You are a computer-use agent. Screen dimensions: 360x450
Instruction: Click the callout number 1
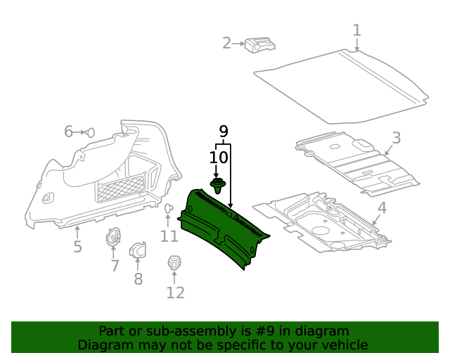(x=357, y=30)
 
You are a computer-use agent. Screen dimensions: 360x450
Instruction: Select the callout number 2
(x=226, y=44)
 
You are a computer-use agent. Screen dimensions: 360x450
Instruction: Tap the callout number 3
(x=397, y=138)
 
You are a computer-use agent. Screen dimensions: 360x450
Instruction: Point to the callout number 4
(x=382, y=208)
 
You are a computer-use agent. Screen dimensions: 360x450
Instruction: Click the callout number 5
(x=77, y=247)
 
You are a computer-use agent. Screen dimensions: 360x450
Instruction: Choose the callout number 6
(x=69, y=131)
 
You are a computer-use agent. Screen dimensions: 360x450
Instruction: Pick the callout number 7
(x=115, y=266)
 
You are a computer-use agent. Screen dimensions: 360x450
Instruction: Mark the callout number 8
(x=138, y=279)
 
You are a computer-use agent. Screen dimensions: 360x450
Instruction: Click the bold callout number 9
(x=224, y=131)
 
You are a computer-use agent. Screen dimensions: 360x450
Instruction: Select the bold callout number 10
(x=219, y=157)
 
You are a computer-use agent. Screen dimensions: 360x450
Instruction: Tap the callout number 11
(x=169, y=236)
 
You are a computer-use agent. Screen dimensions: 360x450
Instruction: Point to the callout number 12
(x=174, y=292)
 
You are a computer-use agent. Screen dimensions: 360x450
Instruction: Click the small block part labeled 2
(x=259, y=46)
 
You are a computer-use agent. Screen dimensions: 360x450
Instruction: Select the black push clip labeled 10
(x=219, y=186)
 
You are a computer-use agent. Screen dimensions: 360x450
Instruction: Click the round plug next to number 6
(x=91, y=131)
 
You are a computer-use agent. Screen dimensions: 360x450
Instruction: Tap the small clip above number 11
(x=169, y=209)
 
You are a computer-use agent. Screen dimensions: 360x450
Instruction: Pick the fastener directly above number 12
(x=174, y=264)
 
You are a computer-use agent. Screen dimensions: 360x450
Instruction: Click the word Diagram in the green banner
(x=103, y=345)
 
